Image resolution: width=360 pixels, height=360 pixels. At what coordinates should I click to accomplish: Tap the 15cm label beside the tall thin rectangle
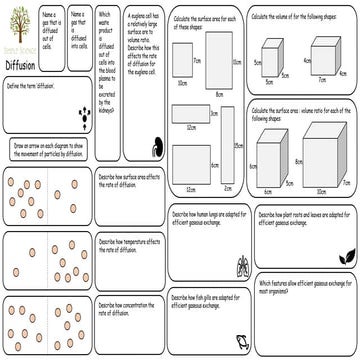click(241, 146)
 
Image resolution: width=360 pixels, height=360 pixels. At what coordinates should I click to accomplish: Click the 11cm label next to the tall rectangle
click(237, 62)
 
